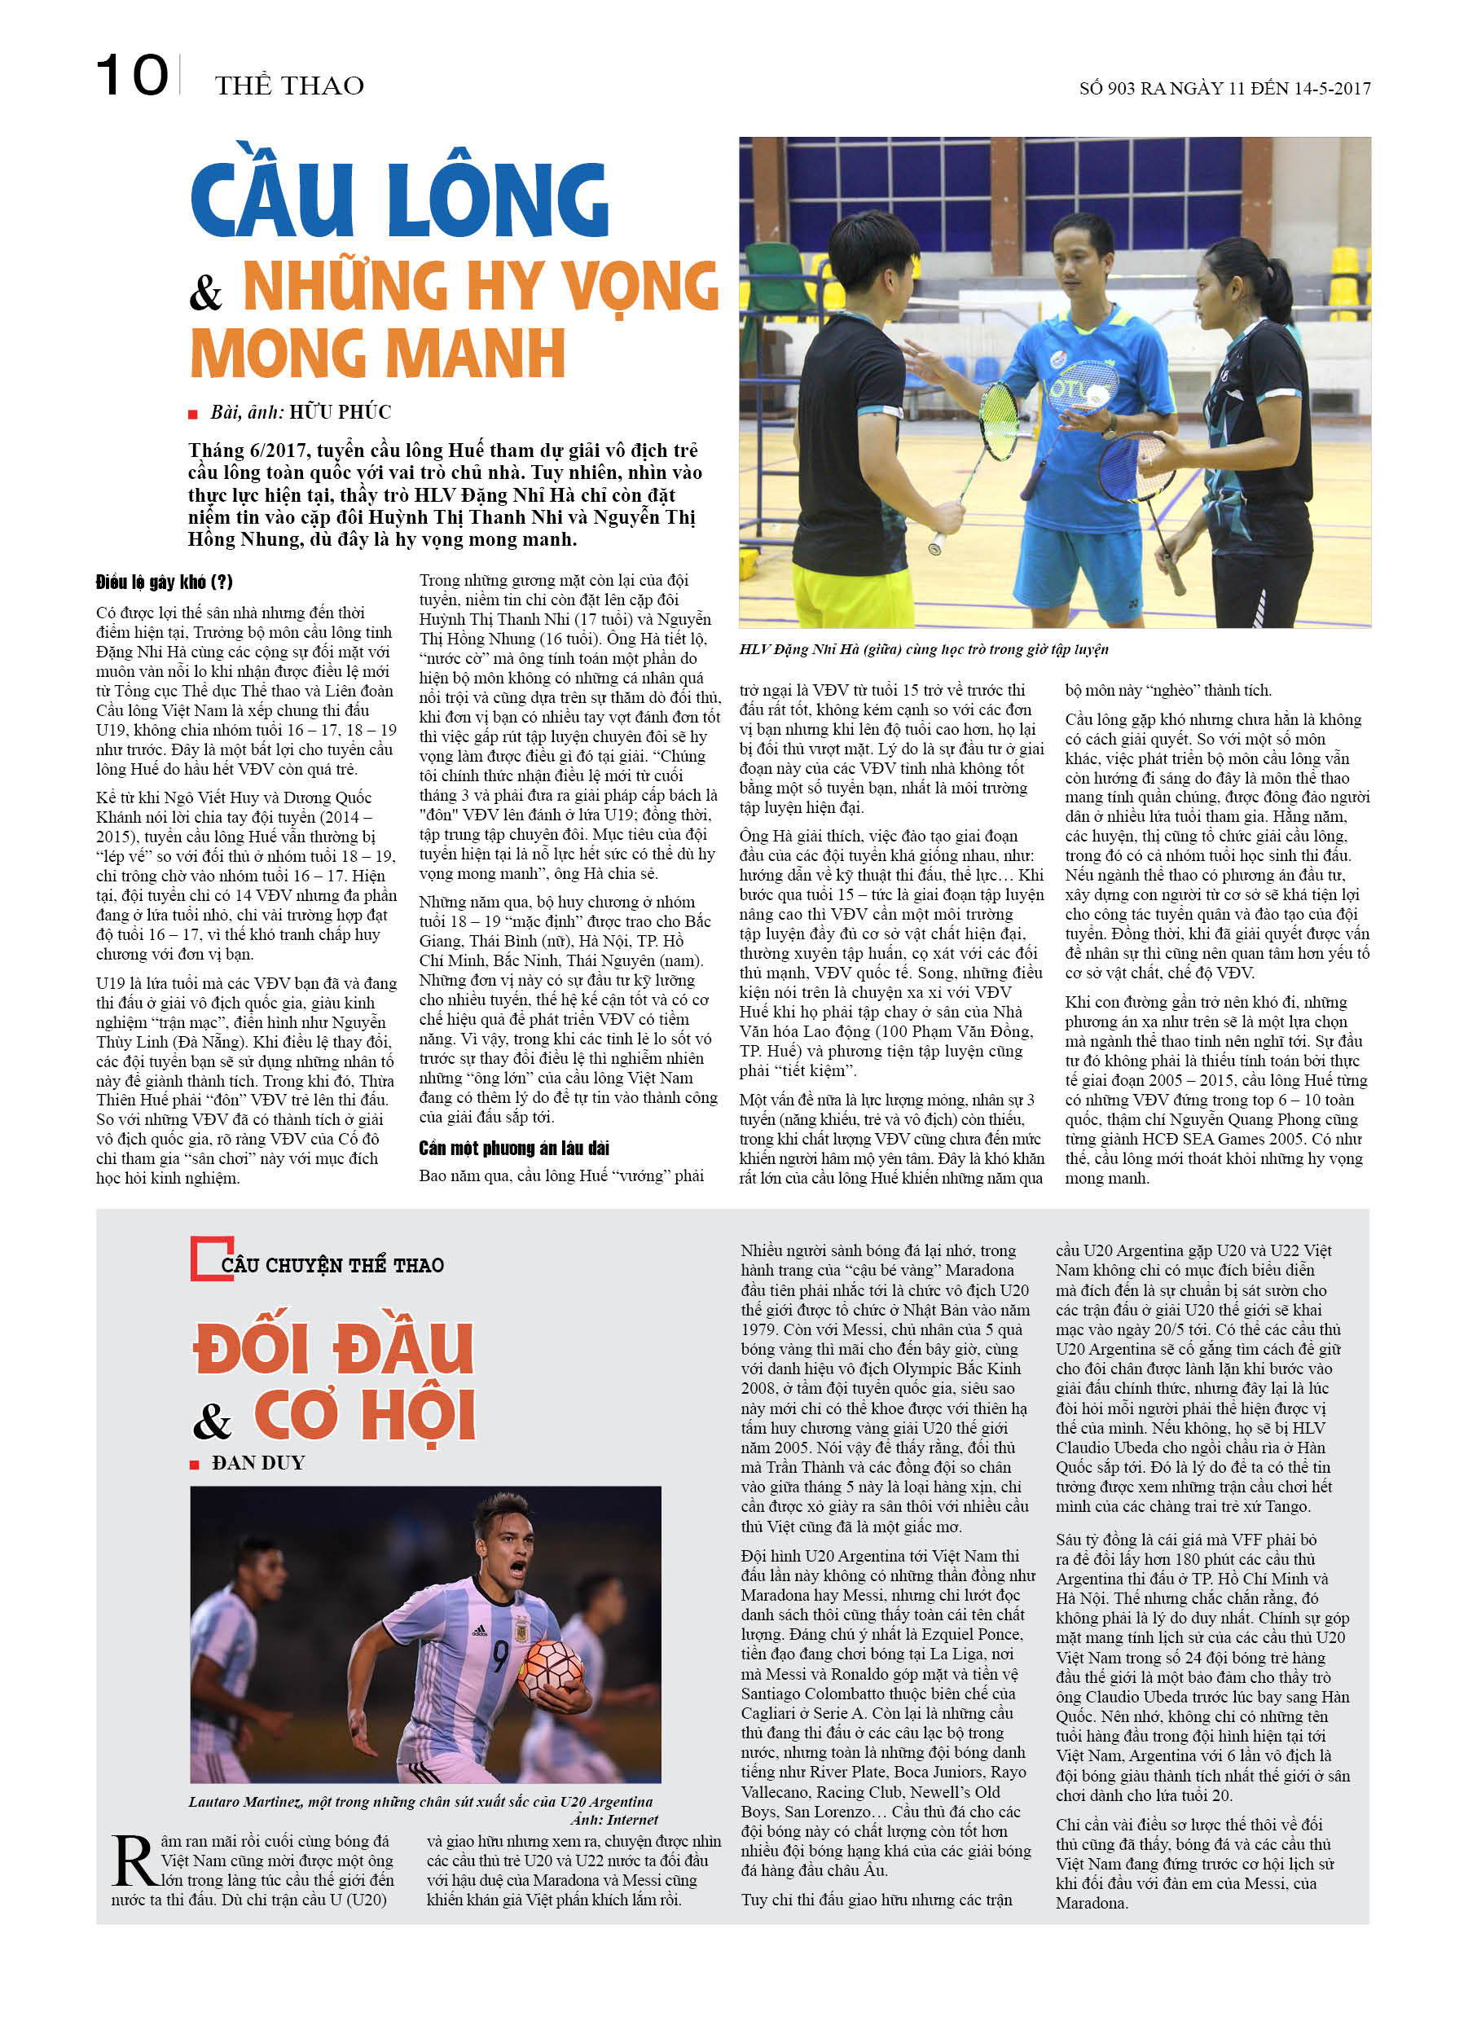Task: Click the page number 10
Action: point(131,76)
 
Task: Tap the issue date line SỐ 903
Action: point(1224,88)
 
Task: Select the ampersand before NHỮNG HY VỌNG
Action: point(206,292)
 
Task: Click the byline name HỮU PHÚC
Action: point(340,411)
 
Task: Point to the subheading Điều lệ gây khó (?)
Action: point(164,582)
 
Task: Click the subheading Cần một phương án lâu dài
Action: point(514,1148)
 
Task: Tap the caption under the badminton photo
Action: point(922,648)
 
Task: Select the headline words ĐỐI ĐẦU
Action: point(333,1347)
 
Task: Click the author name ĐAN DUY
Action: point(257,1463)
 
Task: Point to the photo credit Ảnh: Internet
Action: point(613,1820)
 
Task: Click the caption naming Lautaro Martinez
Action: point(420,1802)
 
